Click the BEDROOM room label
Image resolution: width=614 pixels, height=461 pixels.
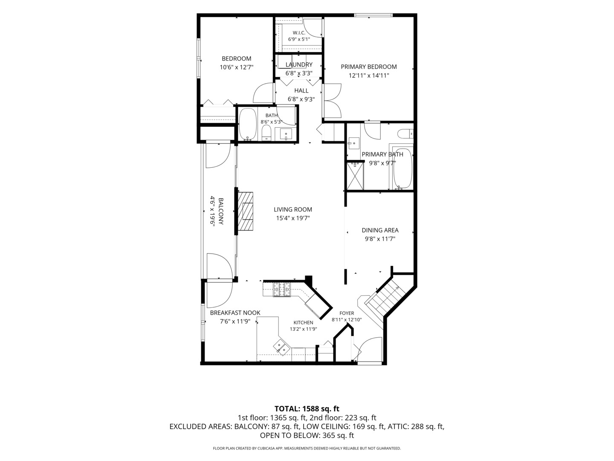[236, 58]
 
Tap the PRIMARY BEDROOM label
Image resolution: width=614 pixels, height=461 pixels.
[369, 67]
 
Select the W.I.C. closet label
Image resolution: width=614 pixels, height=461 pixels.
[299, 33]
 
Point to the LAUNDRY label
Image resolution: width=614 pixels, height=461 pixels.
[299, 64]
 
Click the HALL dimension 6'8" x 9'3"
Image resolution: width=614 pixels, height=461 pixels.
[301, 99]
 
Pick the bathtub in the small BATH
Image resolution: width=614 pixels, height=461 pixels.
[248, 124]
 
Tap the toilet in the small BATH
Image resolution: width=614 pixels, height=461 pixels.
[266, 133]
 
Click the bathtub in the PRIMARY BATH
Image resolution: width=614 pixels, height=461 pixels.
[402, 169]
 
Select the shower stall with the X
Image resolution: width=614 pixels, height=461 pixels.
[355, 176]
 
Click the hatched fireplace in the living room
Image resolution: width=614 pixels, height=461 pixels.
[246, 211]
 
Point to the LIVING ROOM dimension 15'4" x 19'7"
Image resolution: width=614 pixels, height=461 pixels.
[293, 218]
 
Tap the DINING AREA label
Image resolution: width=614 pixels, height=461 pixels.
[380, 230]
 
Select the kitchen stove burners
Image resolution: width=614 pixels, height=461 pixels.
[282, 289]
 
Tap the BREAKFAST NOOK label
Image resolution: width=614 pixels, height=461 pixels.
[235, 312]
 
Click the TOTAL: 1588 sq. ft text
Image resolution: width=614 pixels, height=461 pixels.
[307, 408]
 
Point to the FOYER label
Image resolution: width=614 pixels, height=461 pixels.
[347, 313]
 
